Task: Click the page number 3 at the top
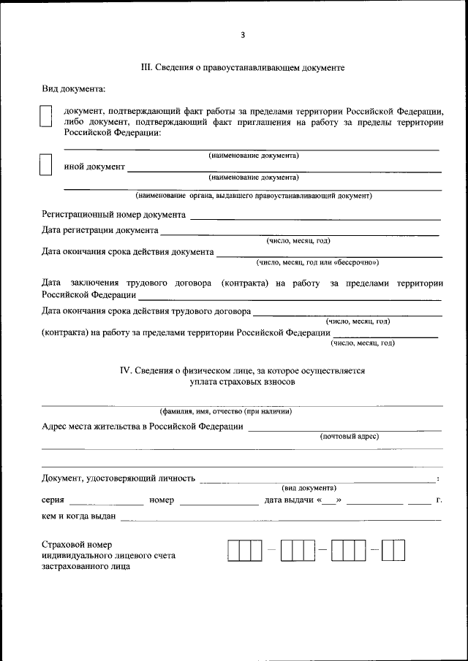pyautogui.click(x=242, y=34)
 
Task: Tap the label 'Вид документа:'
pyautogui.click(x=73, y=89)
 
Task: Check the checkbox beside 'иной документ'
pyautogui.click(x=45, y=165)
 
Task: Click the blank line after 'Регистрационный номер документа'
pyautogui.click(x=315, y=215)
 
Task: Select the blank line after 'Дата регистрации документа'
pyautogui.click(x=300, y=232)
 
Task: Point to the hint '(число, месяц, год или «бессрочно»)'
pyautogui.click(x=317, y=262)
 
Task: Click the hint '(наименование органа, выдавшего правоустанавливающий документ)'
pyautogui.click(x=253, y=196)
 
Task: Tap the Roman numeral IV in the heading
pyautogui.click(x=125, y=370)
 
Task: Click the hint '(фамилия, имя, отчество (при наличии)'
pyautogui.click(x=226, y=411)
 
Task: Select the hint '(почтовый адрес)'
pyautogui.click(x=349, y=436)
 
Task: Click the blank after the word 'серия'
pyautogui.click(x=107, y=502)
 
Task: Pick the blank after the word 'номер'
pyautogui.click(x=215, y=502)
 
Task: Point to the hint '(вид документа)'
pyautogui.click(x=309, y=487)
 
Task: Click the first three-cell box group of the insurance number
pyautogui.click(x=244, y=550)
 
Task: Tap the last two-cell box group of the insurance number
pyautogui.click(x=393, y=550)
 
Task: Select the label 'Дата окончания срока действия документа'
pyautogui.click(x=128, y=252)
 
